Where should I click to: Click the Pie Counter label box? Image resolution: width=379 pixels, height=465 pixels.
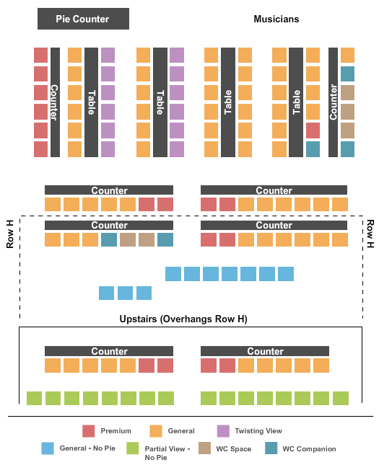coord(83,19)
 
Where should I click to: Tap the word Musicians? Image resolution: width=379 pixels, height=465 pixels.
coord(276,19)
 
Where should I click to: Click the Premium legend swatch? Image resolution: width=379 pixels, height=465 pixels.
coord(89,431)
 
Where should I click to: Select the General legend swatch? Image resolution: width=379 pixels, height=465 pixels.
coord(156,431)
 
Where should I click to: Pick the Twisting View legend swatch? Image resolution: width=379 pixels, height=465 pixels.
coord(223,431)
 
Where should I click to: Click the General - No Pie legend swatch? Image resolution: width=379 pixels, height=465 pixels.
coord(48,448)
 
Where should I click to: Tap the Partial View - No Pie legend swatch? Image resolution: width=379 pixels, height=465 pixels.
coord(133,448)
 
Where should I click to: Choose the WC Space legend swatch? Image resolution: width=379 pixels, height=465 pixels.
coord(204,448)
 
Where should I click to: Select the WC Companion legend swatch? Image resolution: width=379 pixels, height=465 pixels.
coord(271,448)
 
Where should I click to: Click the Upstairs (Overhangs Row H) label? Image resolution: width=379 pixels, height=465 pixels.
coord(183,319)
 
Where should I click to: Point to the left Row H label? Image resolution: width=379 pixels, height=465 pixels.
coord(10,234)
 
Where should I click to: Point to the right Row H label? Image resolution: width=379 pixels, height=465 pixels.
coord(370,234)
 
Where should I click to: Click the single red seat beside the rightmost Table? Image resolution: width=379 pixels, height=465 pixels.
coord(313,130)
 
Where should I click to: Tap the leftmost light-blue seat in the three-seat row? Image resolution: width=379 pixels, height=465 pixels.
coord(106,293)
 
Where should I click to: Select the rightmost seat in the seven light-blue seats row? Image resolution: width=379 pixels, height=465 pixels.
coord(286,274)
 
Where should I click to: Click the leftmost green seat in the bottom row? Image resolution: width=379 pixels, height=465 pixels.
coord(34,398)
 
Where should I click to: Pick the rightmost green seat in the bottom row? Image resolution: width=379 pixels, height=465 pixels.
coord(341,398)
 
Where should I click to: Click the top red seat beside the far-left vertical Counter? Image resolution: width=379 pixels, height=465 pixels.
coord(40,56)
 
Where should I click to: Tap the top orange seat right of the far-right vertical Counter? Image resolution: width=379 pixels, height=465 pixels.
coord(347,56)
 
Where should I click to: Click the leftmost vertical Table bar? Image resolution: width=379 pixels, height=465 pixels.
coord(91,102)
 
